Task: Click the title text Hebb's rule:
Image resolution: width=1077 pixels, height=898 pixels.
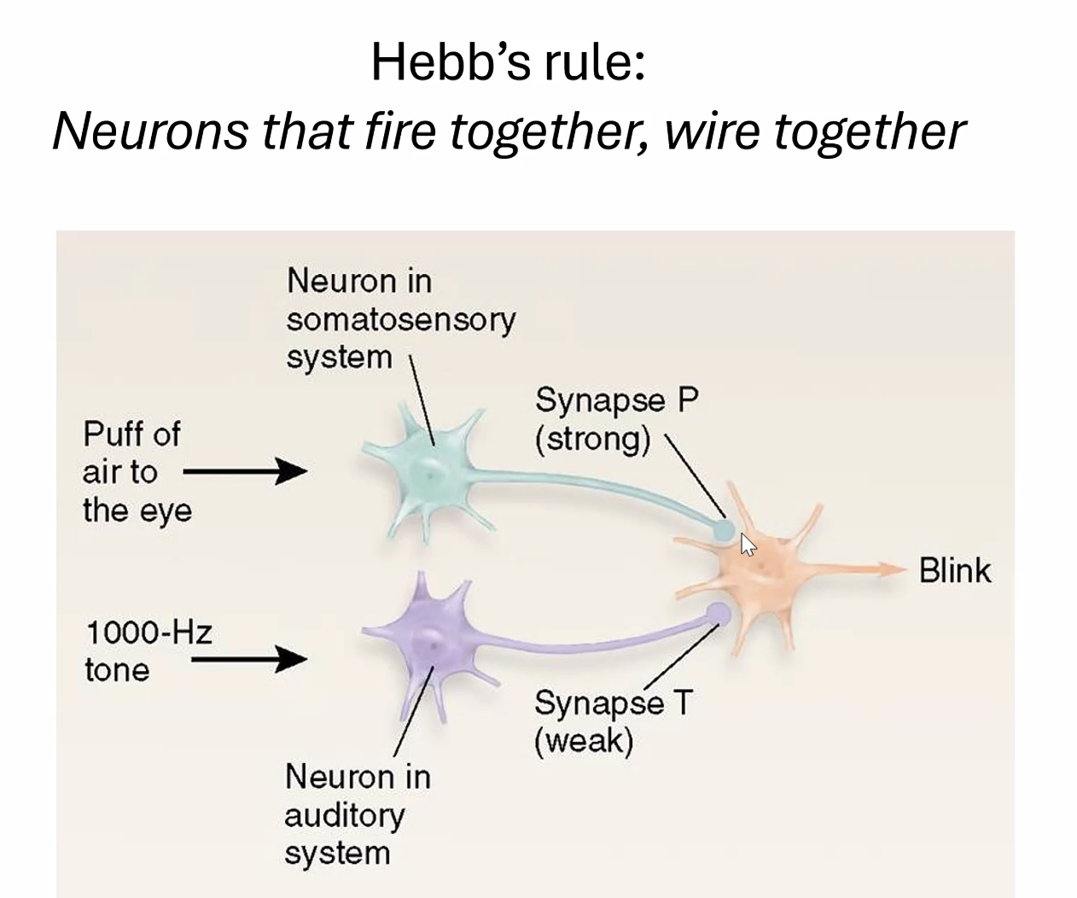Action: [x=507, y=62]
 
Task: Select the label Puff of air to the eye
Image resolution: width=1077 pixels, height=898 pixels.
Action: [x=136, y=472]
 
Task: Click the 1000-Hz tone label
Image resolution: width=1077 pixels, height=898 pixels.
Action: [x=148, y=651]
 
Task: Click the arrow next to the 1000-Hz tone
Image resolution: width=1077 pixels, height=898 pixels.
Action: [x=248, y=658]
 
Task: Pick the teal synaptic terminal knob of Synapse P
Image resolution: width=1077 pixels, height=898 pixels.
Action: [x=724, y=530]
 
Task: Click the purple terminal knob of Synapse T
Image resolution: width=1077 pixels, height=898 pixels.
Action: [x=719, y=613]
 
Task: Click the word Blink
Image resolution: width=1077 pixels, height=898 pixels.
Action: [x=955, y=570]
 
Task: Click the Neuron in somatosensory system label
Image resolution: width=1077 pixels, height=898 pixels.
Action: [x=400, y=318]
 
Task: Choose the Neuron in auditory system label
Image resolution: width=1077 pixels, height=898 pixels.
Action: [x=357, y=814]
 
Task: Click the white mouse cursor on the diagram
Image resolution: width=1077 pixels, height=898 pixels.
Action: [x=747, y=544]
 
